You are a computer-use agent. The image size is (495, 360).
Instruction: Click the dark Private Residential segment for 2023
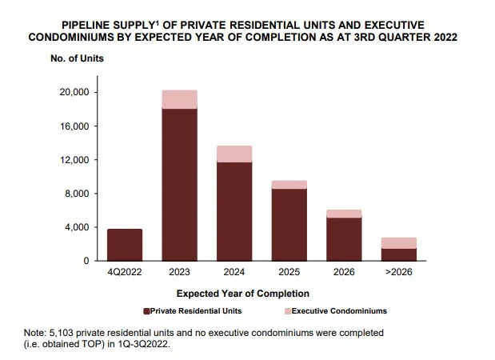179,184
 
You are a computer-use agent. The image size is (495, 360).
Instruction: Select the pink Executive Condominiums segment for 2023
179,99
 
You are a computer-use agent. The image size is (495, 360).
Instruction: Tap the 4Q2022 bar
125,245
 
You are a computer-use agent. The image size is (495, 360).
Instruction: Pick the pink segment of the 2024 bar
234,154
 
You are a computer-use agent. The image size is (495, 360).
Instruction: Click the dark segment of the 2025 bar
289,225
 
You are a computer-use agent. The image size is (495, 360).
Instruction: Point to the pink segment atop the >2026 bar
398,243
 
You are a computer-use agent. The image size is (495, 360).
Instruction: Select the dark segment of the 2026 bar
344,239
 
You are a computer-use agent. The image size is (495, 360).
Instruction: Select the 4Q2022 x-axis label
125,273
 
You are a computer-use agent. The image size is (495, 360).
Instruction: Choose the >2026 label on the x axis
398,273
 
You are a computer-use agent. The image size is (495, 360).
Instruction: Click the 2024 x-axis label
234,273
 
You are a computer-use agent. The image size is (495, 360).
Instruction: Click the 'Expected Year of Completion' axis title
242,294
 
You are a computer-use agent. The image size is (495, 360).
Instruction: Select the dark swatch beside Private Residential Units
147,311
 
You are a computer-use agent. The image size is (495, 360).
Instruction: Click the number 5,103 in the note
67,331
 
